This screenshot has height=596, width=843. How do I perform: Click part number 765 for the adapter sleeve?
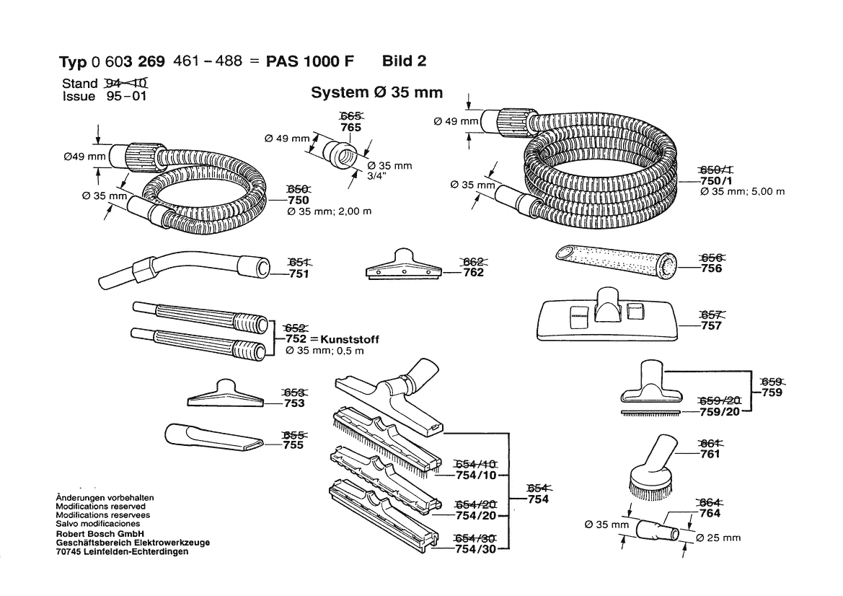coord(350,127)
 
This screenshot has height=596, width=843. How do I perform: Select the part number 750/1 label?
coord(715,180)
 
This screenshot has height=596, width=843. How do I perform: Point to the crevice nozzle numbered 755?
coord(213,437)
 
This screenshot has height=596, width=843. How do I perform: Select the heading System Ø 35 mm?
coord(376,93)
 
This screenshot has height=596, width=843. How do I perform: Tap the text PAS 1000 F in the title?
coord(310,61)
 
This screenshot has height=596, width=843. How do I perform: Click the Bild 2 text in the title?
coord(404,61)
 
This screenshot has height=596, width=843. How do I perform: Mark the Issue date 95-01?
coord(126,97)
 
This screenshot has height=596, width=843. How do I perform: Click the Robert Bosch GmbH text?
coord(102,533)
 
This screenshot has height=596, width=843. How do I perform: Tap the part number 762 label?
coord(473,273)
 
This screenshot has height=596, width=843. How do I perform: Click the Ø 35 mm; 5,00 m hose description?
coord(742,192)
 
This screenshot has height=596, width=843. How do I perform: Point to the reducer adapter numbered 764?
coord(657,529)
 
